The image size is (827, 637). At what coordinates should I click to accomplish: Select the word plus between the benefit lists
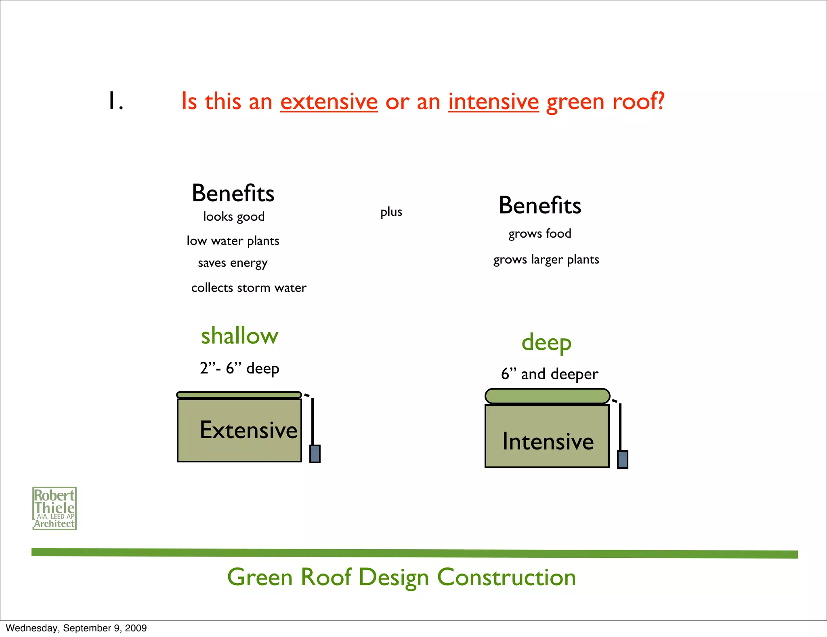click(391, 212)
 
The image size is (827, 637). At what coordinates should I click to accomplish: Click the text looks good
click(234, 217)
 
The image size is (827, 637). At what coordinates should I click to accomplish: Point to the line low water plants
click(233, 241)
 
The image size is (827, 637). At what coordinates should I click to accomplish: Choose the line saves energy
click(233, 263)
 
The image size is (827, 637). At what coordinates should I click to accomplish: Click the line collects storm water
click(249, 288)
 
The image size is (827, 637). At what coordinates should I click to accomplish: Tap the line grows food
click(539, 234)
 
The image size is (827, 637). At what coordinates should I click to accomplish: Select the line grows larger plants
click(546, 259)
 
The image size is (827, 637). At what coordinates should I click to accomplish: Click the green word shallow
click(239, 336)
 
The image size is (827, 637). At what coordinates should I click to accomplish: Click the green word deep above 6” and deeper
click(546, 343)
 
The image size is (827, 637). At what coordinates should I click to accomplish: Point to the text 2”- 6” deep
click(239, 368)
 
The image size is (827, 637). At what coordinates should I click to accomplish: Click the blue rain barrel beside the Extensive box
click(315, 453)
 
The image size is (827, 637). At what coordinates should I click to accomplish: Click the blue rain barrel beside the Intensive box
click(623, 459)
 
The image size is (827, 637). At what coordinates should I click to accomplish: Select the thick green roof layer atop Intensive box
click(547, 396)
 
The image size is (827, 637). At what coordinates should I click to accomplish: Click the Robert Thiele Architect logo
click(55, 508)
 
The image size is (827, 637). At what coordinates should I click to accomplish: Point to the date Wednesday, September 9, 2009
click(76, 628)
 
